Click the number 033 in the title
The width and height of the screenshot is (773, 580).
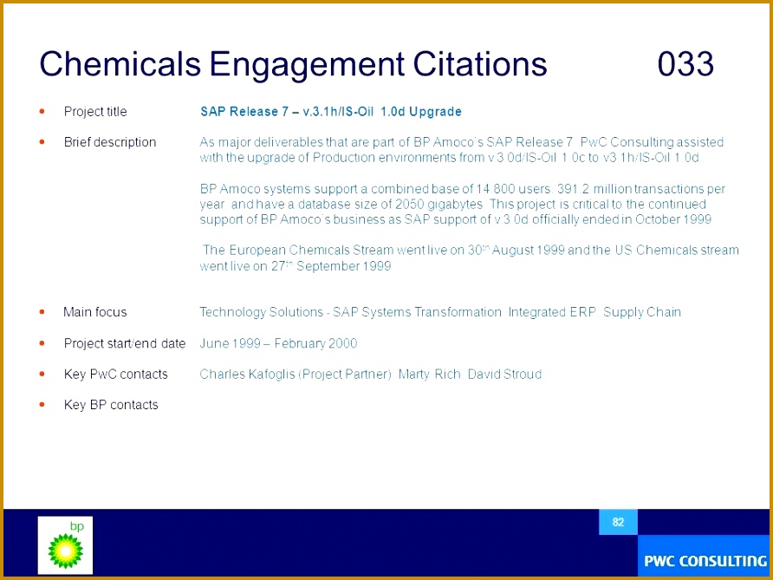685,64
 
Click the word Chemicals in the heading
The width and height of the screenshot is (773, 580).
120,64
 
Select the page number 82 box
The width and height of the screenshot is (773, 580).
618,522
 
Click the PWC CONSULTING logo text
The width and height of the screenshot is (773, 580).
705,561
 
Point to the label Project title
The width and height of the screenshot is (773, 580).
95,112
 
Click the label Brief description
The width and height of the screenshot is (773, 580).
110,142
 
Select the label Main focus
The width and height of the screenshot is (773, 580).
95,312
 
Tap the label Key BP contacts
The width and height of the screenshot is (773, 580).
111,405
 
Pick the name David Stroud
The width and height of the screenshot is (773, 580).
504,375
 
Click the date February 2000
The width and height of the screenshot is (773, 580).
315,343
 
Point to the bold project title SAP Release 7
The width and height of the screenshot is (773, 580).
244,112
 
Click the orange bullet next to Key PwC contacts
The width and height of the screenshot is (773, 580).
42,374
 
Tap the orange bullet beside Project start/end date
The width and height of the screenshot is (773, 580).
42,342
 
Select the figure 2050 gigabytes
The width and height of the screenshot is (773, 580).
438,205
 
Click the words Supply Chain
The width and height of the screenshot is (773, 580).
642,312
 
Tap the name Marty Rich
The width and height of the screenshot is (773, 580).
429,375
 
